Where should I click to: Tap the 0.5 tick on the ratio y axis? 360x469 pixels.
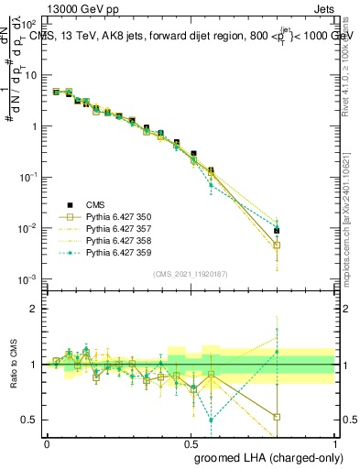click(x=29, y=420)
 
